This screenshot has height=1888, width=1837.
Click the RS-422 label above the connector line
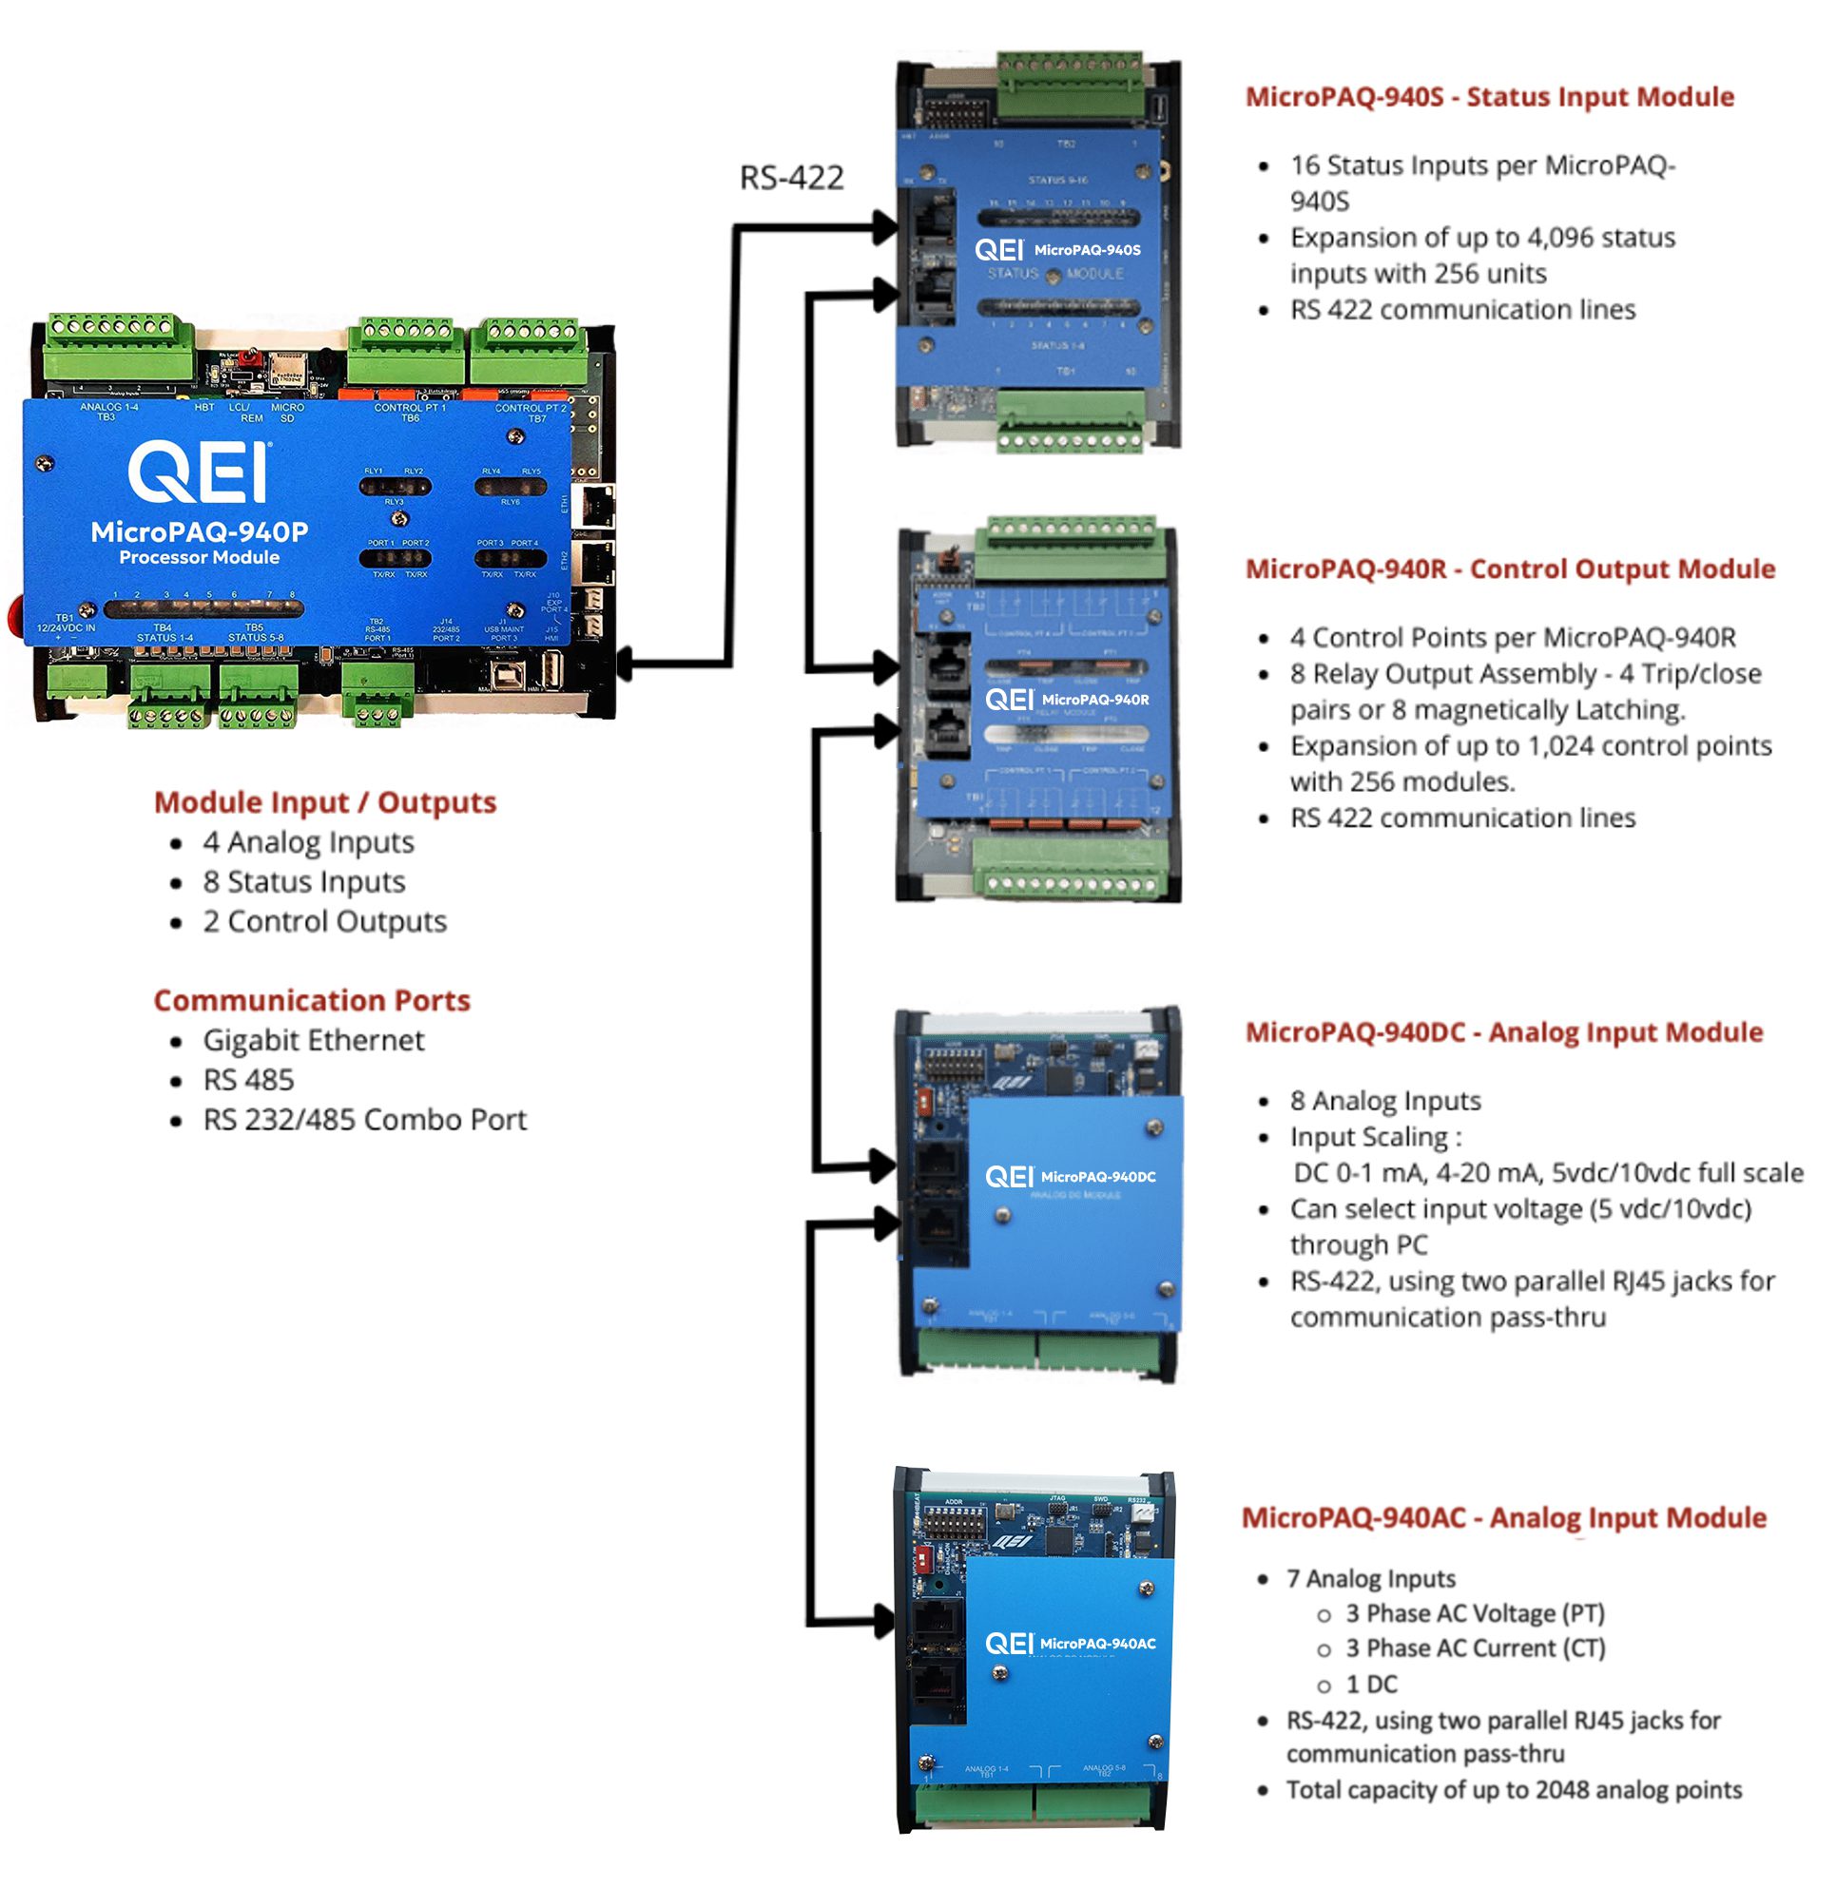791,178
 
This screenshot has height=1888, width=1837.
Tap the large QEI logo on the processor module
200,472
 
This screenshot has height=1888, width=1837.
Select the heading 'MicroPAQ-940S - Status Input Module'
1489,97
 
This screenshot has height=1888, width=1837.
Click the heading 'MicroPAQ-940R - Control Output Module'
1509,569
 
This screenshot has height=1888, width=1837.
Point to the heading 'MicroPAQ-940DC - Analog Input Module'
1503,1032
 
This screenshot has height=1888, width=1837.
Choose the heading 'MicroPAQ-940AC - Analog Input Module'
1503,1517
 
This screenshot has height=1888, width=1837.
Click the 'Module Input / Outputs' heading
325,802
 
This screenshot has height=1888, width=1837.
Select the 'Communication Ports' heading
312,1000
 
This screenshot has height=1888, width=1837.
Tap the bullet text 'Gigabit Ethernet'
314,1040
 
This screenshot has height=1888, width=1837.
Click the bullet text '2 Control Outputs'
325,921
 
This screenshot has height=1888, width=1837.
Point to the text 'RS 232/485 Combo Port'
365,1119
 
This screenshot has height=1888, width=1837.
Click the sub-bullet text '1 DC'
1371,1685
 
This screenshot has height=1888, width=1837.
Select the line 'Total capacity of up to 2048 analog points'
1514,1791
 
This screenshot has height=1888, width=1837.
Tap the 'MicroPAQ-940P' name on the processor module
200,531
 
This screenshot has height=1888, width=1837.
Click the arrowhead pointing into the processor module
626,664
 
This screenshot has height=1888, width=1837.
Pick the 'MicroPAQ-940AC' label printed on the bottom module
1097,1644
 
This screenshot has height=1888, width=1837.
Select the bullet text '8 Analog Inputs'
1384,1101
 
